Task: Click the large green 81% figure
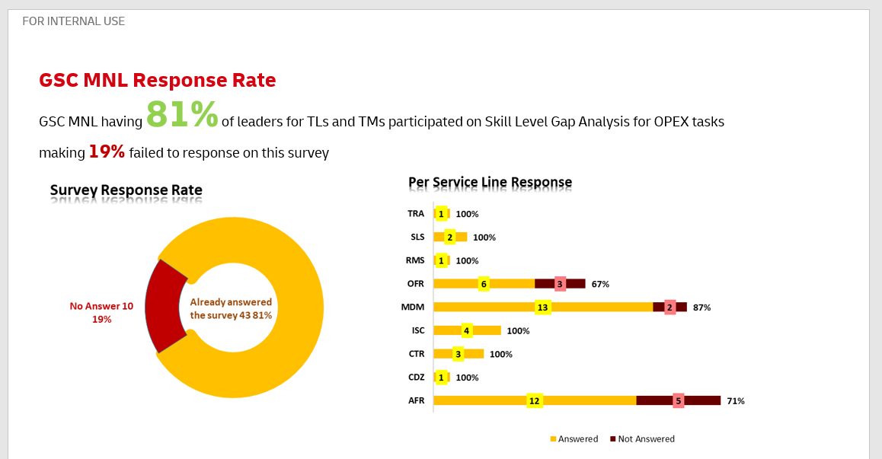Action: coord(181,114)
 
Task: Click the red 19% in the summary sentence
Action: coord(107,151)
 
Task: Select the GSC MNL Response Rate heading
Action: coord(157,80)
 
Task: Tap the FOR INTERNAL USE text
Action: coord(74,21)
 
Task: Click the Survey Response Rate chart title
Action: coord(126,190)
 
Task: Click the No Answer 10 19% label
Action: coord(101,312)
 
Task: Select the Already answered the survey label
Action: coord(231,308)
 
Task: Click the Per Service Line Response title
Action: coord(490,182)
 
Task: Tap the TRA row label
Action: coord(416,214)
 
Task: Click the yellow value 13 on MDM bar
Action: coord(542,308)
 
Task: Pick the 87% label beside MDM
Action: coord(701,308)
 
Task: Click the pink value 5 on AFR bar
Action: coord(678,400)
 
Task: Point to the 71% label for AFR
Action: coord(736,400)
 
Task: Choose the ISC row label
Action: coord(417,330)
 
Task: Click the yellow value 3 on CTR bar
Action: coord(458,354)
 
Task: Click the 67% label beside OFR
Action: coord(600,284)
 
